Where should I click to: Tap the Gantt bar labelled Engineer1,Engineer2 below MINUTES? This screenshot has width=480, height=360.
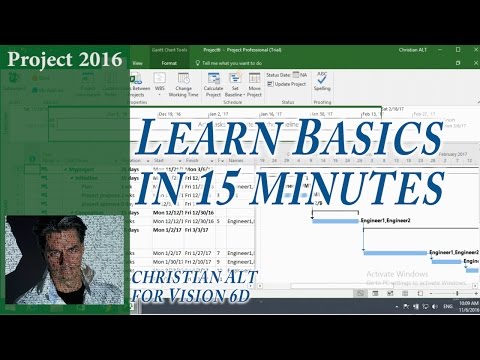coord(336,220)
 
